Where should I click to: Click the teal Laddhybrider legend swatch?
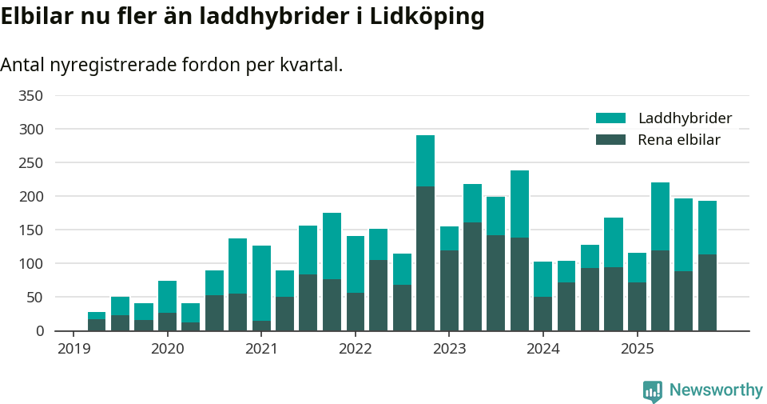click(611, 118)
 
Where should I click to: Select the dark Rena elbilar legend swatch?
click(611, 140)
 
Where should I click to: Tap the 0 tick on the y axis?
click(39, 331)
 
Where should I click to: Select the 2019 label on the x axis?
click(74, 350)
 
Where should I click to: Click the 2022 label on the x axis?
click(355, 350)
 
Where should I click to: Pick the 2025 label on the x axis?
click(637, 350)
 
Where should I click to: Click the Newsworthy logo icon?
click(653, 390)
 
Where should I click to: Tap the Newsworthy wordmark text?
click(716, 390)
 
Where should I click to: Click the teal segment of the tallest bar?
click(425, 161)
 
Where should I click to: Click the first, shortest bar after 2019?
click(97, 322)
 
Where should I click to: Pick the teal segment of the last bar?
click(707, 227)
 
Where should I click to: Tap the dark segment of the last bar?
click(707, 292)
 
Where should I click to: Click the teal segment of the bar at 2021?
click(261, 283)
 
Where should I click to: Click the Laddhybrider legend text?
click(685, 118)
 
